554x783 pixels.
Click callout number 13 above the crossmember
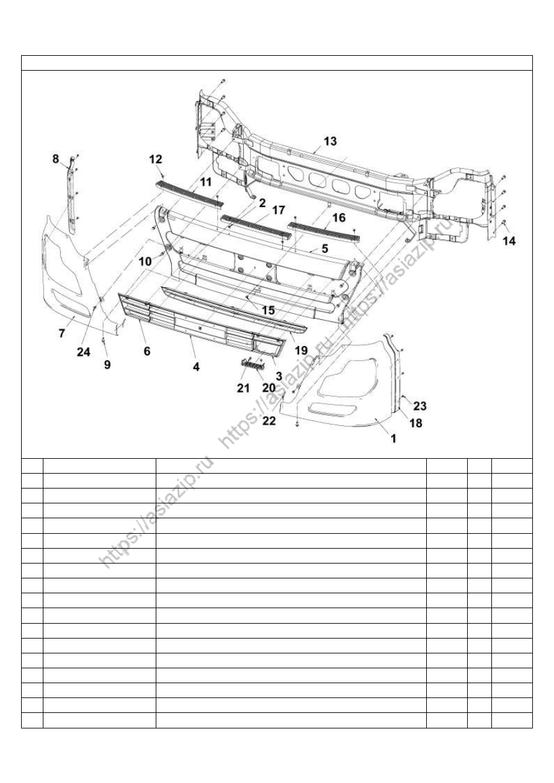point(330,141)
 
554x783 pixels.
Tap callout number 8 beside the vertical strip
point(56,159)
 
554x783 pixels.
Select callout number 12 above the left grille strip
point(156,159)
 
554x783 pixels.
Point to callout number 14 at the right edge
point(509,241)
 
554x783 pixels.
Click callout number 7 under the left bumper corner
point(62,334)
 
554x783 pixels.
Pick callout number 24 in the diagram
point(84,352)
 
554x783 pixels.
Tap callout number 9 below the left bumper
point(107,365)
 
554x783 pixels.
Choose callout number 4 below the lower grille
point(196,366)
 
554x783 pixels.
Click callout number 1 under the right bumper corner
point(393,438)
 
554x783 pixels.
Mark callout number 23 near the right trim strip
point(420,406)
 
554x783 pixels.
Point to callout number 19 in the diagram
point(301,350)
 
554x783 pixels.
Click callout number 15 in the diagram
point(268,310)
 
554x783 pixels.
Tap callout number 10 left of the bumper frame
point(145,261)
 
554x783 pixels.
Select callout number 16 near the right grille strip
point(339,218)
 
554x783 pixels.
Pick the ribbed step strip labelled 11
point(189,193)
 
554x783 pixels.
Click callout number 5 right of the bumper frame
point(324,249)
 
